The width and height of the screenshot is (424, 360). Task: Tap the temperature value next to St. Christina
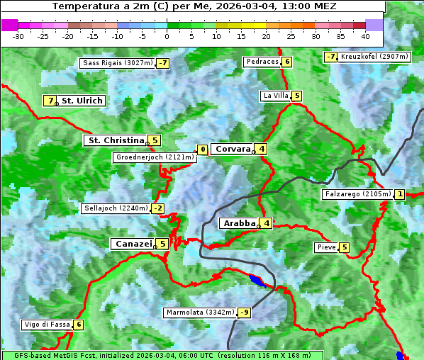pyautogui.click(x=155, y=140)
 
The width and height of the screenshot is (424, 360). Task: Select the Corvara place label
pyautogui.click(x=233, y=149)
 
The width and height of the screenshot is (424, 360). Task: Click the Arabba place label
pyautogui.click(x=239, y=223)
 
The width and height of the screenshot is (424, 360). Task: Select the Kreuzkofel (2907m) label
pyautogui.click(x=374, y=57)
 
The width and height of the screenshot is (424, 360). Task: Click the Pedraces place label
pyautogui.click(x=262, y=62)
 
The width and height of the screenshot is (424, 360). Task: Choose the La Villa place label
pyautogui.click(x=275, y=96)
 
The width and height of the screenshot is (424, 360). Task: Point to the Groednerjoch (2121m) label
pyautogui.click(x=155, y=157)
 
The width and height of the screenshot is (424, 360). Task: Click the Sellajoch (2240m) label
pyautogui.click(x=116, y=208)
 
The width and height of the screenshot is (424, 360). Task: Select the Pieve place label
pyautogui.click(x=326, y=247)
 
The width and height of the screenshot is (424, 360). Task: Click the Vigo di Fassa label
pyautogui.click(x=48, y=325)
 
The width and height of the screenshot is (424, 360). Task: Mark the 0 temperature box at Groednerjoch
pyautogui.click(x=203, y=150)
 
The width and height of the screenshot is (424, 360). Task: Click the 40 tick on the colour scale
pyautogui.click(x=365, y=36)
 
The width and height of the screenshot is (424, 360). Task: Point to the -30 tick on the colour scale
pyautogui.click(x=18, y=36)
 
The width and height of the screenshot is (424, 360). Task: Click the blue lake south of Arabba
pyautogui.click(x=257, y=281)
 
